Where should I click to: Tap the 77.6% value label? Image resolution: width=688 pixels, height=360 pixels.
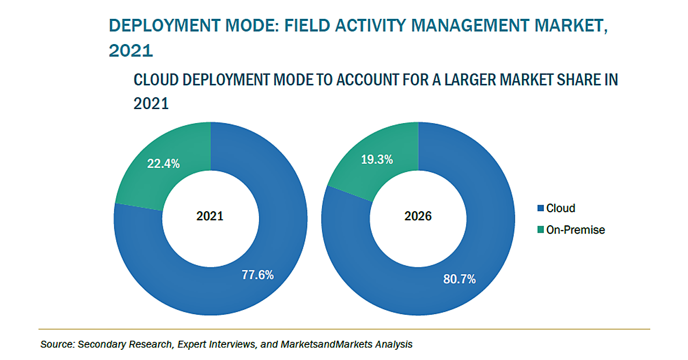click(257, 275)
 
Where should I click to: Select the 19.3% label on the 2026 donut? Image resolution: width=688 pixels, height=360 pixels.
click(377, 159)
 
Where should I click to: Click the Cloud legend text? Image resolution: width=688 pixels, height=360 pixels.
click(561, 208)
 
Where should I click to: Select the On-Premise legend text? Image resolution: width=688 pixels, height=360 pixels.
click(576, 230)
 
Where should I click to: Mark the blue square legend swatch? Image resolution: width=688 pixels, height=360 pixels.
click(541, 208)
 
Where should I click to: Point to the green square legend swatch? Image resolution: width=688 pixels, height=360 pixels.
click(541, 230)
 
